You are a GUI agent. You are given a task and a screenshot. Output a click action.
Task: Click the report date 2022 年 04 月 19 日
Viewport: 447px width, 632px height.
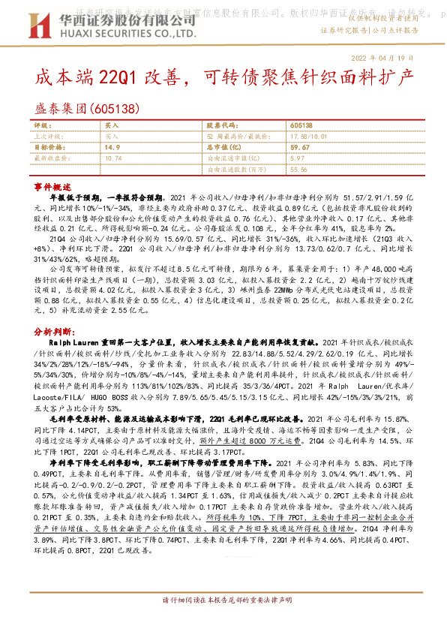coord(382,58)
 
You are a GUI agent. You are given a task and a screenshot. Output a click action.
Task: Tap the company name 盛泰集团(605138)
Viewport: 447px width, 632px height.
coord(88,109)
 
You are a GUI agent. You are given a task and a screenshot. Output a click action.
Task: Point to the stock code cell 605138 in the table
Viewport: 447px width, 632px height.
coord(301,125)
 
